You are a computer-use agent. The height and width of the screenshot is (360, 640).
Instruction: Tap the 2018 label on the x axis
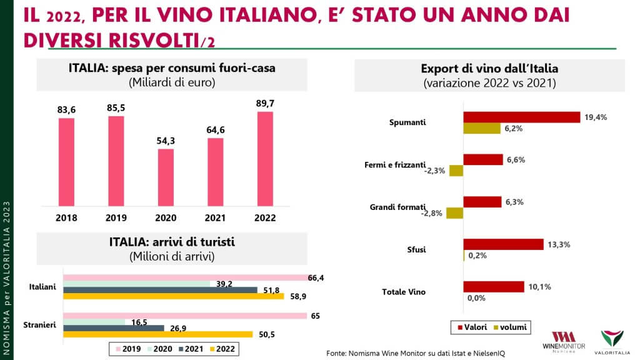[66, 218]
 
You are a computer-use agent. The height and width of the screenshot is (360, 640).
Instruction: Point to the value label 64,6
[216, 129]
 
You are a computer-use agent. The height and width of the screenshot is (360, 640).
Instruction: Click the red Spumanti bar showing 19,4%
[522, 117]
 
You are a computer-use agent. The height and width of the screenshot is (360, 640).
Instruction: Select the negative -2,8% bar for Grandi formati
[454, 213]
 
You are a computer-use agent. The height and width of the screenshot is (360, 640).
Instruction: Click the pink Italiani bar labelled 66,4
[184, 277]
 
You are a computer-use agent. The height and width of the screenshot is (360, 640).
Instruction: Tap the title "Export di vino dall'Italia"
[489, 68]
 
